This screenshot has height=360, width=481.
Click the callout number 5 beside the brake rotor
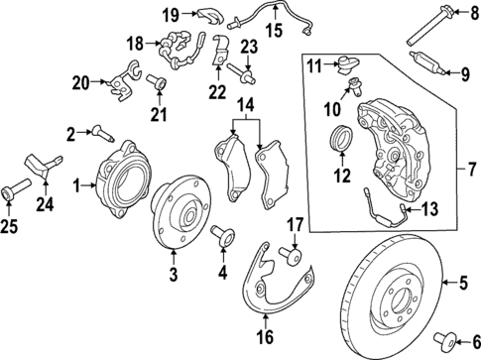click(461, 285)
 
